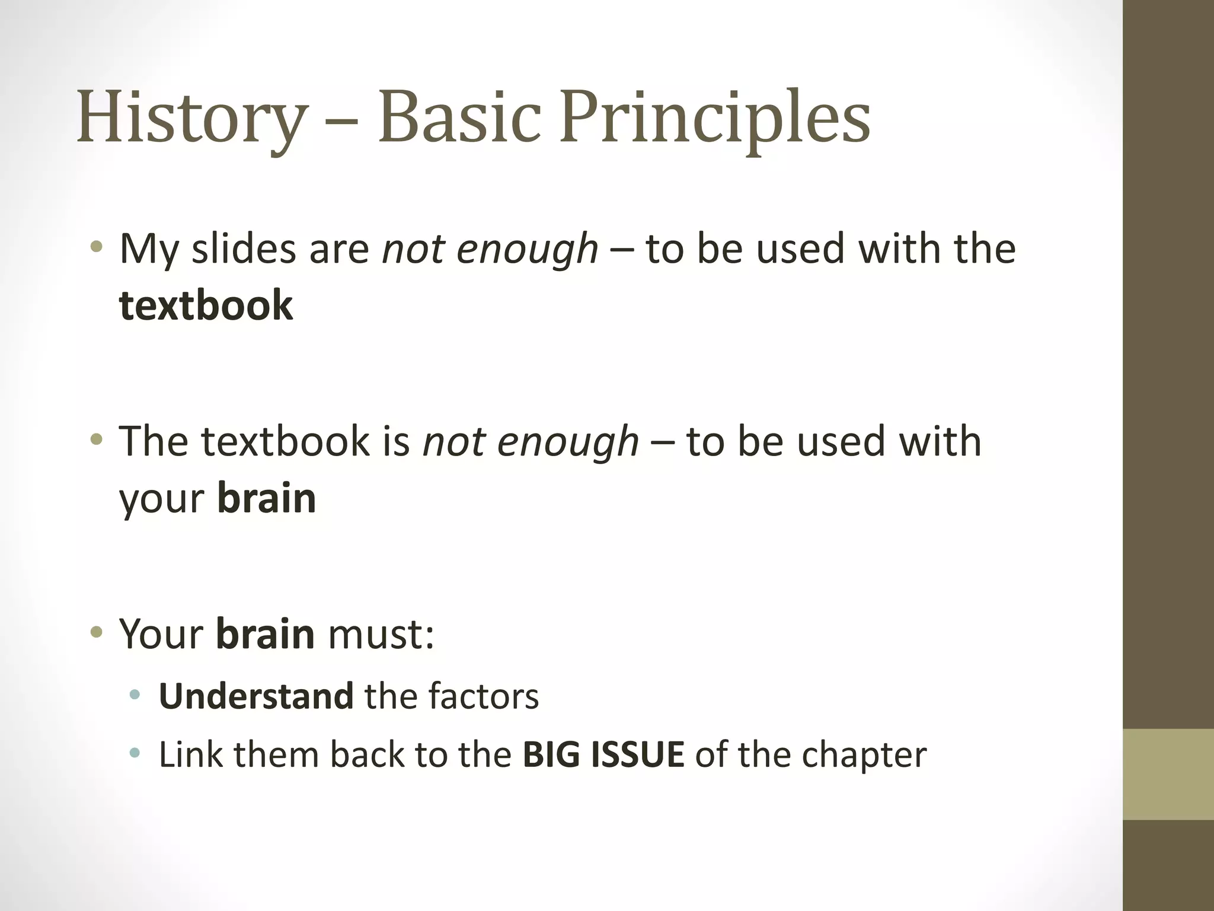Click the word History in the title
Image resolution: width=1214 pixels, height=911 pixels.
[x=192, y=117]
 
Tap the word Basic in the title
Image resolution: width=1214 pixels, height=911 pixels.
[x=459, y=117]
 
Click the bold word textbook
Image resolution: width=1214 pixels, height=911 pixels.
[x=206, y=305]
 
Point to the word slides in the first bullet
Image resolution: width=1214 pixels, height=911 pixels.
[x=244, y=249]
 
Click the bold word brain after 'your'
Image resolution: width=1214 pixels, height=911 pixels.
[x=266, y=498]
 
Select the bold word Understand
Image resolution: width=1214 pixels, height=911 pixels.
[x=256, y=696]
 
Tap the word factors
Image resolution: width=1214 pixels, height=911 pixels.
[x=483, y=696]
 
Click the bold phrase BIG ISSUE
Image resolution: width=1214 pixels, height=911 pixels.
[x=603, y=754]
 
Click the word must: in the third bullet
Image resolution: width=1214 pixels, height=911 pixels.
[x=381, y=634]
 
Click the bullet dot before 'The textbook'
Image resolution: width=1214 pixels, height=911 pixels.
[x=96, y=439]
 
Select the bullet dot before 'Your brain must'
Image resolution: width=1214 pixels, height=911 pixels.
[x=96, y=632]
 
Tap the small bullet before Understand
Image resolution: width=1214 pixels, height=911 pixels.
[x=135, y=695]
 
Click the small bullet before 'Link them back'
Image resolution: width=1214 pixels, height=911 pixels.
[x=135, y=753]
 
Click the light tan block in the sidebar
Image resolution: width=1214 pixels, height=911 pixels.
[x=1168, y=774]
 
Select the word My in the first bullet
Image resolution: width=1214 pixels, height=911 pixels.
[x=149, y=250]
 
